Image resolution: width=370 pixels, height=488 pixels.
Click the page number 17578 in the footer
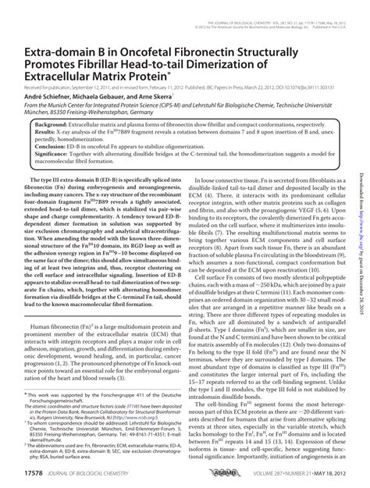click(x=38, y=474)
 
